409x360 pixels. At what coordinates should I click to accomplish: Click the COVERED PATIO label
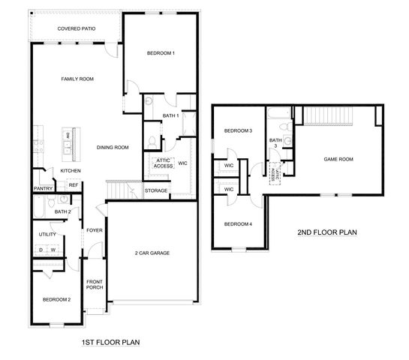coord(75,29)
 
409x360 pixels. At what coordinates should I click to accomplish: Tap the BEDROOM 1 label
coord(161,53)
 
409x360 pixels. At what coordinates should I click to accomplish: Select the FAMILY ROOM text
coord(77,79)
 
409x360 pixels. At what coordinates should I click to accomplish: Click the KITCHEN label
coord(71,171)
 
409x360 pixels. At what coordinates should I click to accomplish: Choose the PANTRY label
coord(43,189)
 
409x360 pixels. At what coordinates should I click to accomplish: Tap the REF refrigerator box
coord(74,184)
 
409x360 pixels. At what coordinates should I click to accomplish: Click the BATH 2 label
coord(62,212)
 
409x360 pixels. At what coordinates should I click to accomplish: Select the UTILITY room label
coord(48,235)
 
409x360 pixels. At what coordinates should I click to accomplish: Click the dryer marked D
coord(41,249)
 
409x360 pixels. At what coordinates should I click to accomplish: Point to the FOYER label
coord(95,230)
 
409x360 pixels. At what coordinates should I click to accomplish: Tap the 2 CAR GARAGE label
coord(152,253)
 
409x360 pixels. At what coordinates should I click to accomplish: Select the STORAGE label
coord(156,190)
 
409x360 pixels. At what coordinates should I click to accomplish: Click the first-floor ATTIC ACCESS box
coord(163,163)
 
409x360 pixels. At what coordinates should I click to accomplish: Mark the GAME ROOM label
coord(338,159)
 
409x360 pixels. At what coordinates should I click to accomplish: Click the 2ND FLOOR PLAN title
coord(328,232)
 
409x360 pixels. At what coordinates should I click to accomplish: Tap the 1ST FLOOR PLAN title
coord(110,342)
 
